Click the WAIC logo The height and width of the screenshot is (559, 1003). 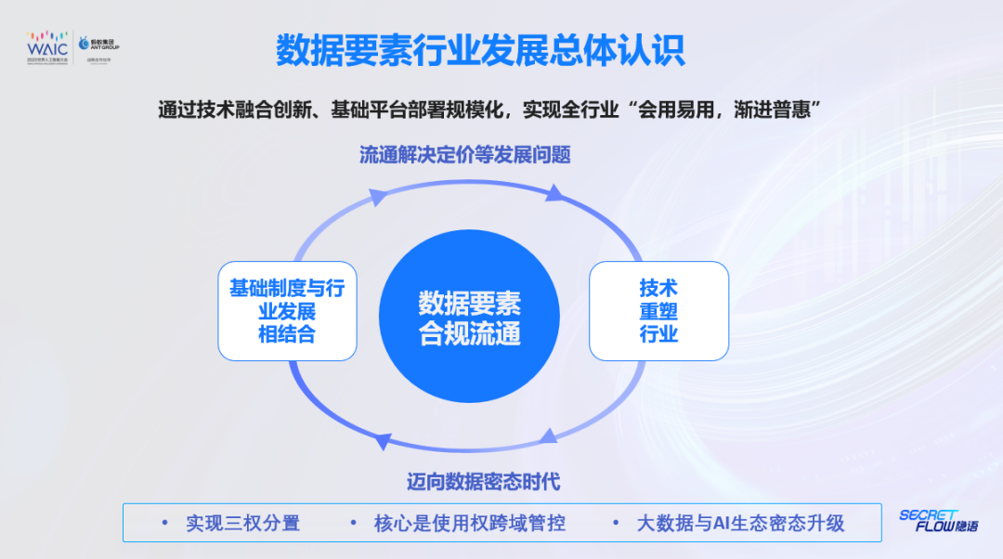tap(47, 45)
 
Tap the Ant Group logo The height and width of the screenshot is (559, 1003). tap(99, 45)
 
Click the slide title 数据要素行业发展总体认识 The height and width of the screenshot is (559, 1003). tap(480, 50)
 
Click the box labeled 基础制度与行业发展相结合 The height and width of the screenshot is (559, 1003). tap(287, 311)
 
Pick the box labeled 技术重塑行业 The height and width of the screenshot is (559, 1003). tap(658, 311)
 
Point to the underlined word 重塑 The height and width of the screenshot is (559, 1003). tap(658, 312)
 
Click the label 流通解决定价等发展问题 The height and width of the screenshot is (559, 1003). tap(464, 155)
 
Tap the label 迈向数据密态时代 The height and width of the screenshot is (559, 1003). tap(483, 482)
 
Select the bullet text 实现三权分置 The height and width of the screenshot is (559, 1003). tap(242, 523)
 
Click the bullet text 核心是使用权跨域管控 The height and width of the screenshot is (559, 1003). tap(469, 523)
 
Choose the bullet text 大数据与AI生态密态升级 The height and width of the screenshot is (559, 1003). tap(740, 523)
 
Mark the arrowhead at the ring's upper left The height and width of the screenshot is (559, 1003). tap(378, 197)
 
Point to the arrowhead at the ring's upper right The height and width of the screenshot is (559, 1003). tap(554, 193)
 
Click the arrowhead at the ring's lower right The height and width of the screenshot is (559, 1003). tap(550, 435)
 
